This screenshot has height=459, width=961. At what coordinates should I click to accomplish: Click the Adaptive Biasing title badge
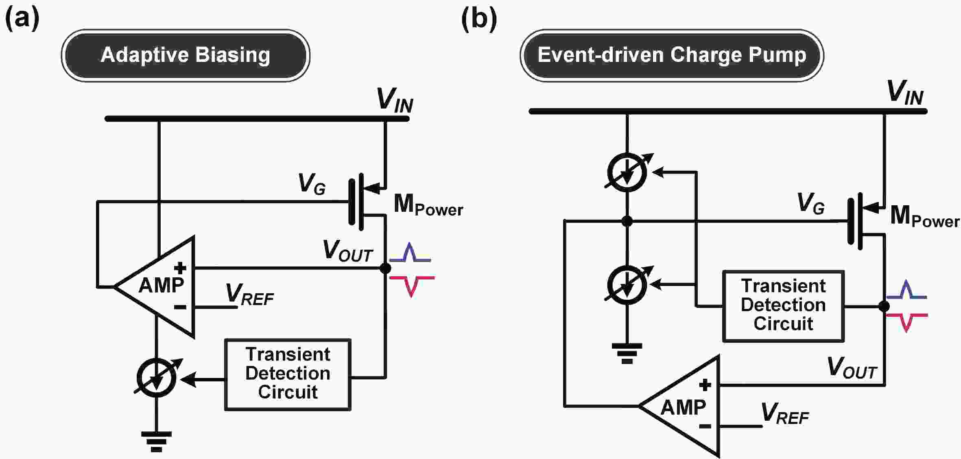pos(186,55)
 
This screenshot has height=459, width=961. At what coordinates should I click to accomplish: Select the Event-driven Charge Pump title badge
pos(672,55)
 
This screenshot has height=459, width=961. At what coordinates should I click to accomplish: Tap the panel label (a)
pos(22,19)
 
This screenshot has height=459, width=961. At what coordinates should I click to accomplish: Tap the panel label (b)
pos(479,19)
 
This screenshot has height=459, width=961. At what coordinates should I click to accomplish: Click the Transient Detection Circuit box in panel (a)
pos(288,374)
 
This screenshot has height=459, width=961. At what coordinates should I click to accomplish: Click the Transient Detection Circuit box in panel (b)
pos(783,305)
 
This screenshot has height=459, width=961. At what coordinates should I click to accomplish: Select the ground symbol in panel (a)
pos(156,441)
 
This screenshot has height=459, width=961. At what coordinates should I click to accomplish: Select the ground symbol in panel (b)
pos(627,353)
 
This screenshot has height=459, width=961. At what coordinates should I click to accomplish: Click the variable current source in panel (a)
pos(157,378)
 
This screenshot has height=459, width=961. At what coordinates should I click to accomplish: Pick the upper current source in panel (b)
pos(627,172)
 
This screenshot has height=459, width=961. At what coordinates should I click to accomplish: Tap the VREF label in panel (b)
pos(784,414)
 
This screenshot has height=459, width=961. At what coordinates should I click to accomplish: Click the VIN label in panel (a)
pos(395,100)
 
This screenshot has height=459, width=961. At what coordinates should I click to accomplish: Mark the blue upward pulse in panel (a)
pos(410,253)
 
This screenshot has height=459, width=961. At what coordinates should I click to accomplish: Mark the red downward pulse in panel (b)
pos(906,322)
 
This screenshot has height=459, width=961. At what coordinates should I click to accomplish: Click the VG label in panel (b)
pos(810,203)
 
